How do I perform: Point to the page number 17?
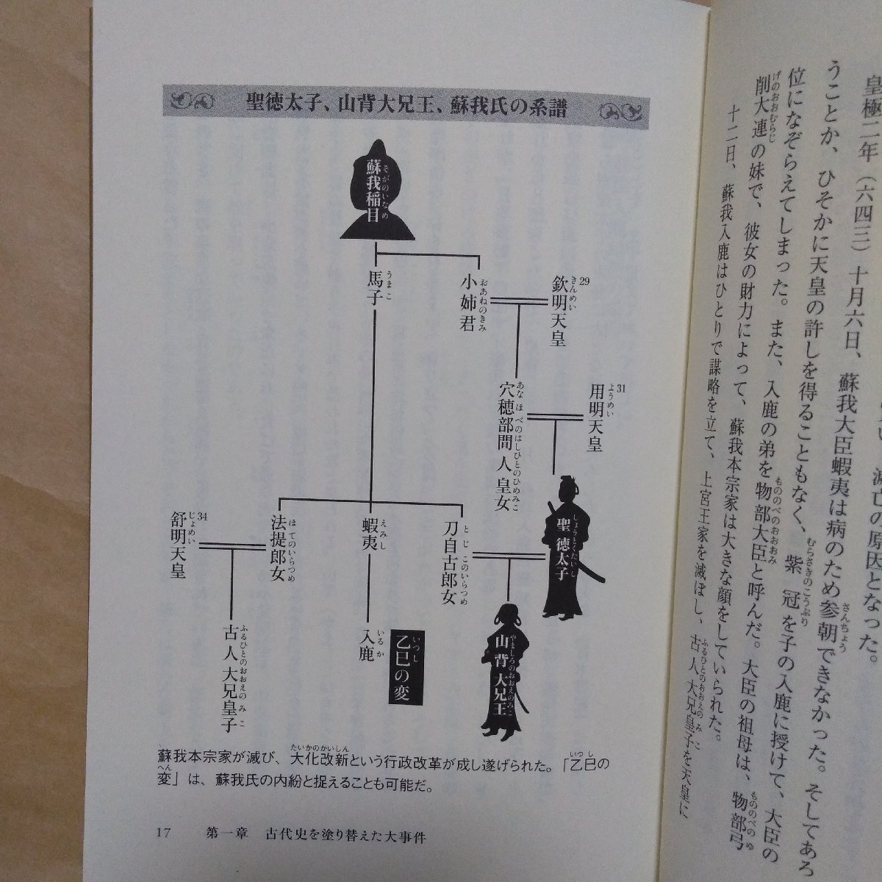click(163, 833)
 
